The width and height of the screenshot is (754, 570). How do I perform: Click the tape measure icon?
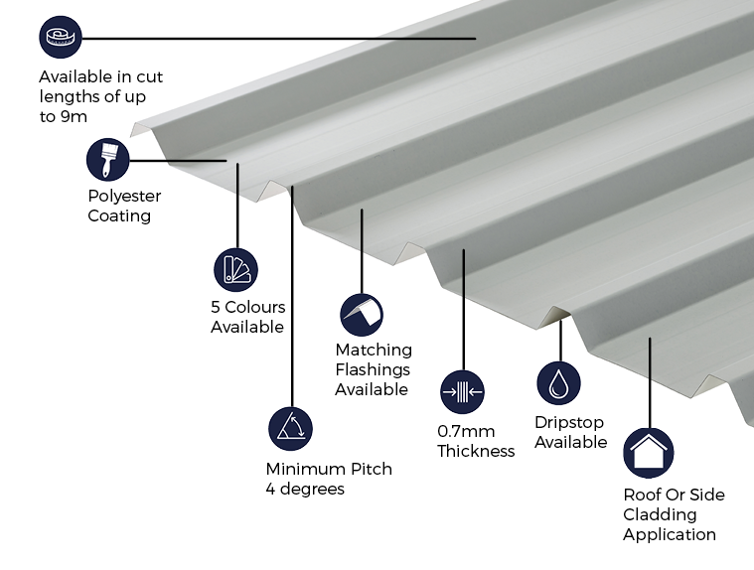click(x=61, y=38)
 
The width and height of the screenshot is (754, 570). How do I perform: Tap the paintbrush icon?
click(x=108, y=160)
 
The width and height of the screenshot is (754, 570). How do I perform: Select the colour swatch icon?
click(x=235, y=269)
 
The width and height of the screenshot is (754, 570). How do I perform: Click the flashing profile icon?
click(x=362, y=315)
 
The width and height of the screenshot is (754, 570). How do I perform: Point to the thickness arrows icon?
click(x=462, y=391)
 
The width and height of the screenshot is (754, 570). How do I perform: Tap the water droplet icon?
click(x=559, y=383)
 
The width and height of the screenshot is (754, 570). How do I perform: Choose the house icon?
click(x=648, y=453)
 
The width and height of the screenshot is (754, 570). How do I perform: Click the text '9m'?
click(x=75, y=116)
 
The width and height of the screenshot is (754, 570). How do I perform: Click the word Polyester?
click(x=124, y=196)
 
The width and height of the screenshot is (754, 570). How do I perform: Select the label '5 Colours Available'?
click(x=247, y=317)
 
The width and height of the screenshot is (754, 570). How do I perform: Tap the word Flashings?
click(x=372, y=369)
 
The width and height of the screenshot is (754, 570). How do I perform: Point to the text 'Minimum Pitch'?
click(x=329, y=469)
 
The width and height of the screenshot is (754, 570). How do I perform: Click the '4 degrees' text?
click(x=305, y=489)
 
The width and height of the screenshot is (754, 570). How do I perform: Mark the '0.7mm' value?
click(x=464, y=431)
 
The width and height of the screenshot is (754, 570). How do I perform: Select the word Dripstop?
click(x=569, y=422)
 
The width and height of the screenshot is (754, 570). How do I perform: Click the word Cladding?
click(x=660, y=514)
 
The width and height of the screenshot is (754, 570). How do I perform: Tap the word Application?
click(x=670, y=534)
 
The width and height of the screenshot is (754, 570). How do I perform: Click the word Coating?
click(x=119, y=215)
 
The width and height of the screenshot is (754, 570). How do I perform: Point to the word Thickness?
click(x=476, y=451)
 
